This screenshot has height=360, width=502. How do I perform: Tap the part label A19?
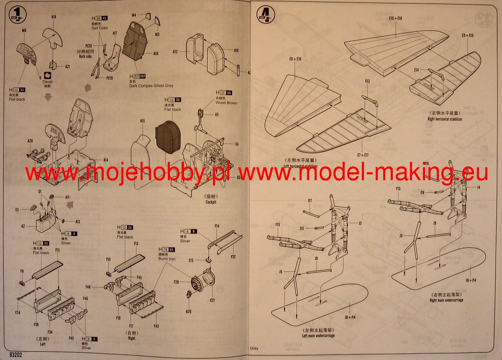click(x=54, y=17)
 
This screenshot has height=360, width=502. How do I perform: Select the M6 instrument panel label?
click(x=24, y=31)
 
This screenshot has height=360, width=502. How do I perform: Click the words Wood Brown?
click(x=226, y=103)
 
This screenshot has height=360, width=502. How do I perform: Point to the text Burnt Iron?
click(x=167, y=259)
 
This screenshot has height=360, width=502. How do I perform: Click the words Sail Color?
click(x=100, y=28)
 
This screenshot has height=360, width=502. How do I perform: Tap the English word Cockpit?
click(x=211, y=202)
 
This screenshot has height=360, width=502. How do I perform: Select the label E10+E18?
click(x=395, y=18)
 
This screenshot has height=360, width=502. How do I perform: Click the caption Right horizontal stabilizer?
click(x=445, y=119)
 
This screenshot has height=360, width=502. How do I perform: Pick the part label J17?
click(x=310, y=201)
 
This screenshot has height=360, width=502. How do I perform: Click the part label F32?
click(x=233, y=257)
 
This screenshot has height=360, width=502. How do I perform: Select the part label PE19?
click(x=110, y=77)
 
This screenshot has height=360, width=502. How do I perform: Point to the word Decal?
click(x=48, y=82)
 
